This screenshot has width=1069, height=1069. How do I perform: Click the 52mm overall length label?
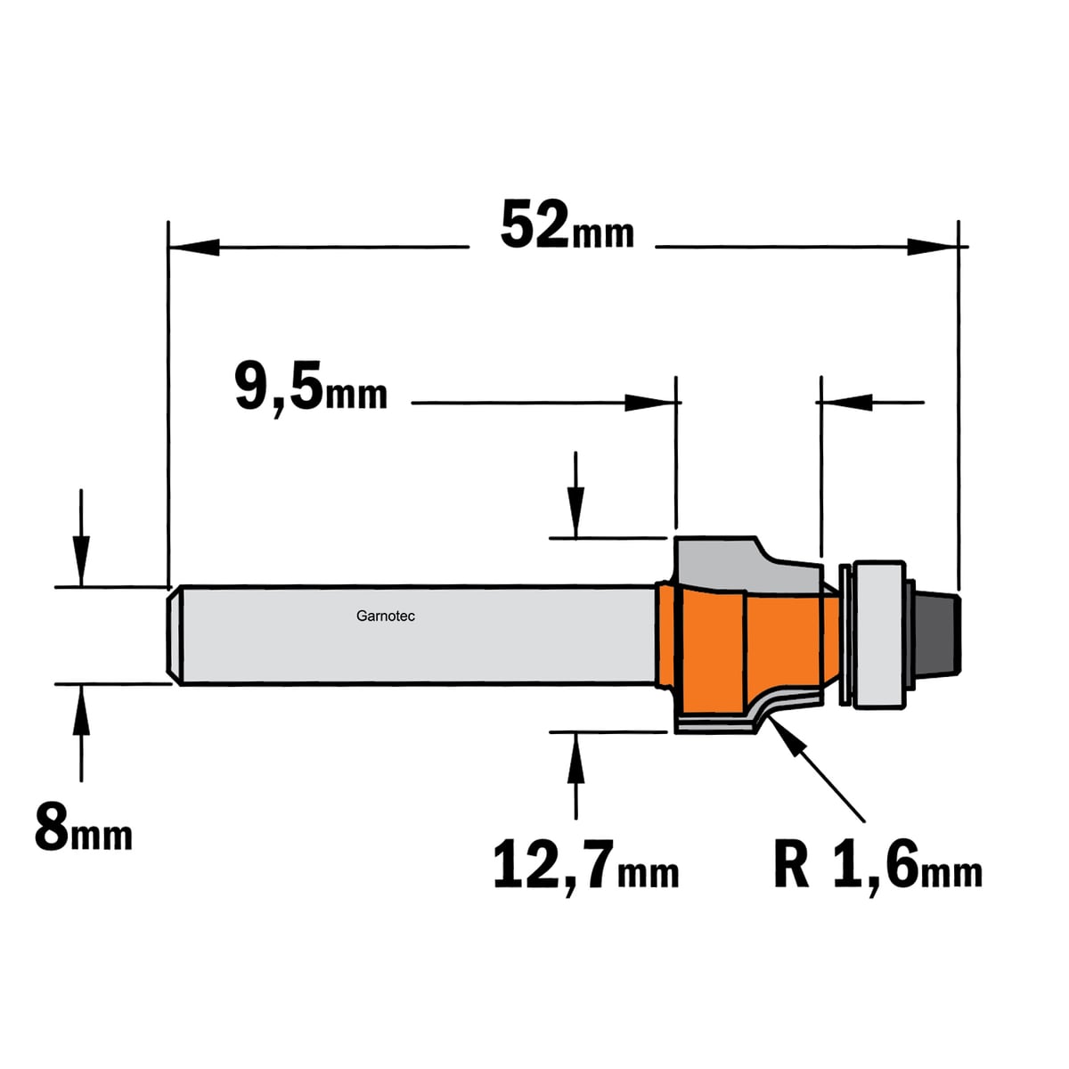coord(567,227)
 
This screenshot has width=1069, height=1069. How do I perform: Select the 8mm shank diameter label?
coord(83,837)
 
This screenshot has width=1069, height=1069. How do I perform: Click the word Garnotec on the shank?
coord(386,616)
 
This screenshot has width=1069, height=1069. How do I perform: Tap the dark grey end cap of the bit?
coord(937,633)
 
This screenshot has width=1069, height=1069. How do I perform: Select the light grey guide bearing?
coord(877,635)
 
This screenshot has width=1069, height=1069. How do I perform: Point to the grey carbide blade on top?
coord(747,563)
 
